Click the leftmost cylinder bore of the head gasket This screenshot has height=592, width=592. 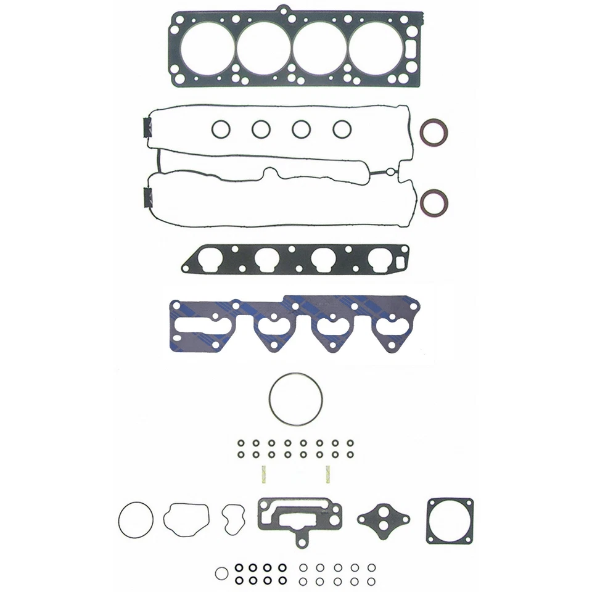click(208, 48)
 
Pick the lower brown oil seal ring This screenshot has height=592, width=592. click(434, 202)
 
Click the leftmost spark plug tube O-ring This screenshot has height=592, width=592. click(220, 129)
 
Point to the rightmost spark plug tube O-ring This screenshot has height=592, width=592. click(341, 129)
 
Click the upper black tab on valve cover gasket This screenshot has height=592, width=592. click(147, 128)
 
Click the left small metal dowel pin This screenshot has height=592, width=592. click(261, 474)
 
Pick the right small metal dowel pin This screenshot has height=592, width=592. click(328, 474)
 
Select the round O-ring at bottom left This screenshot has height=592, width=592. click(135, 520)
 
